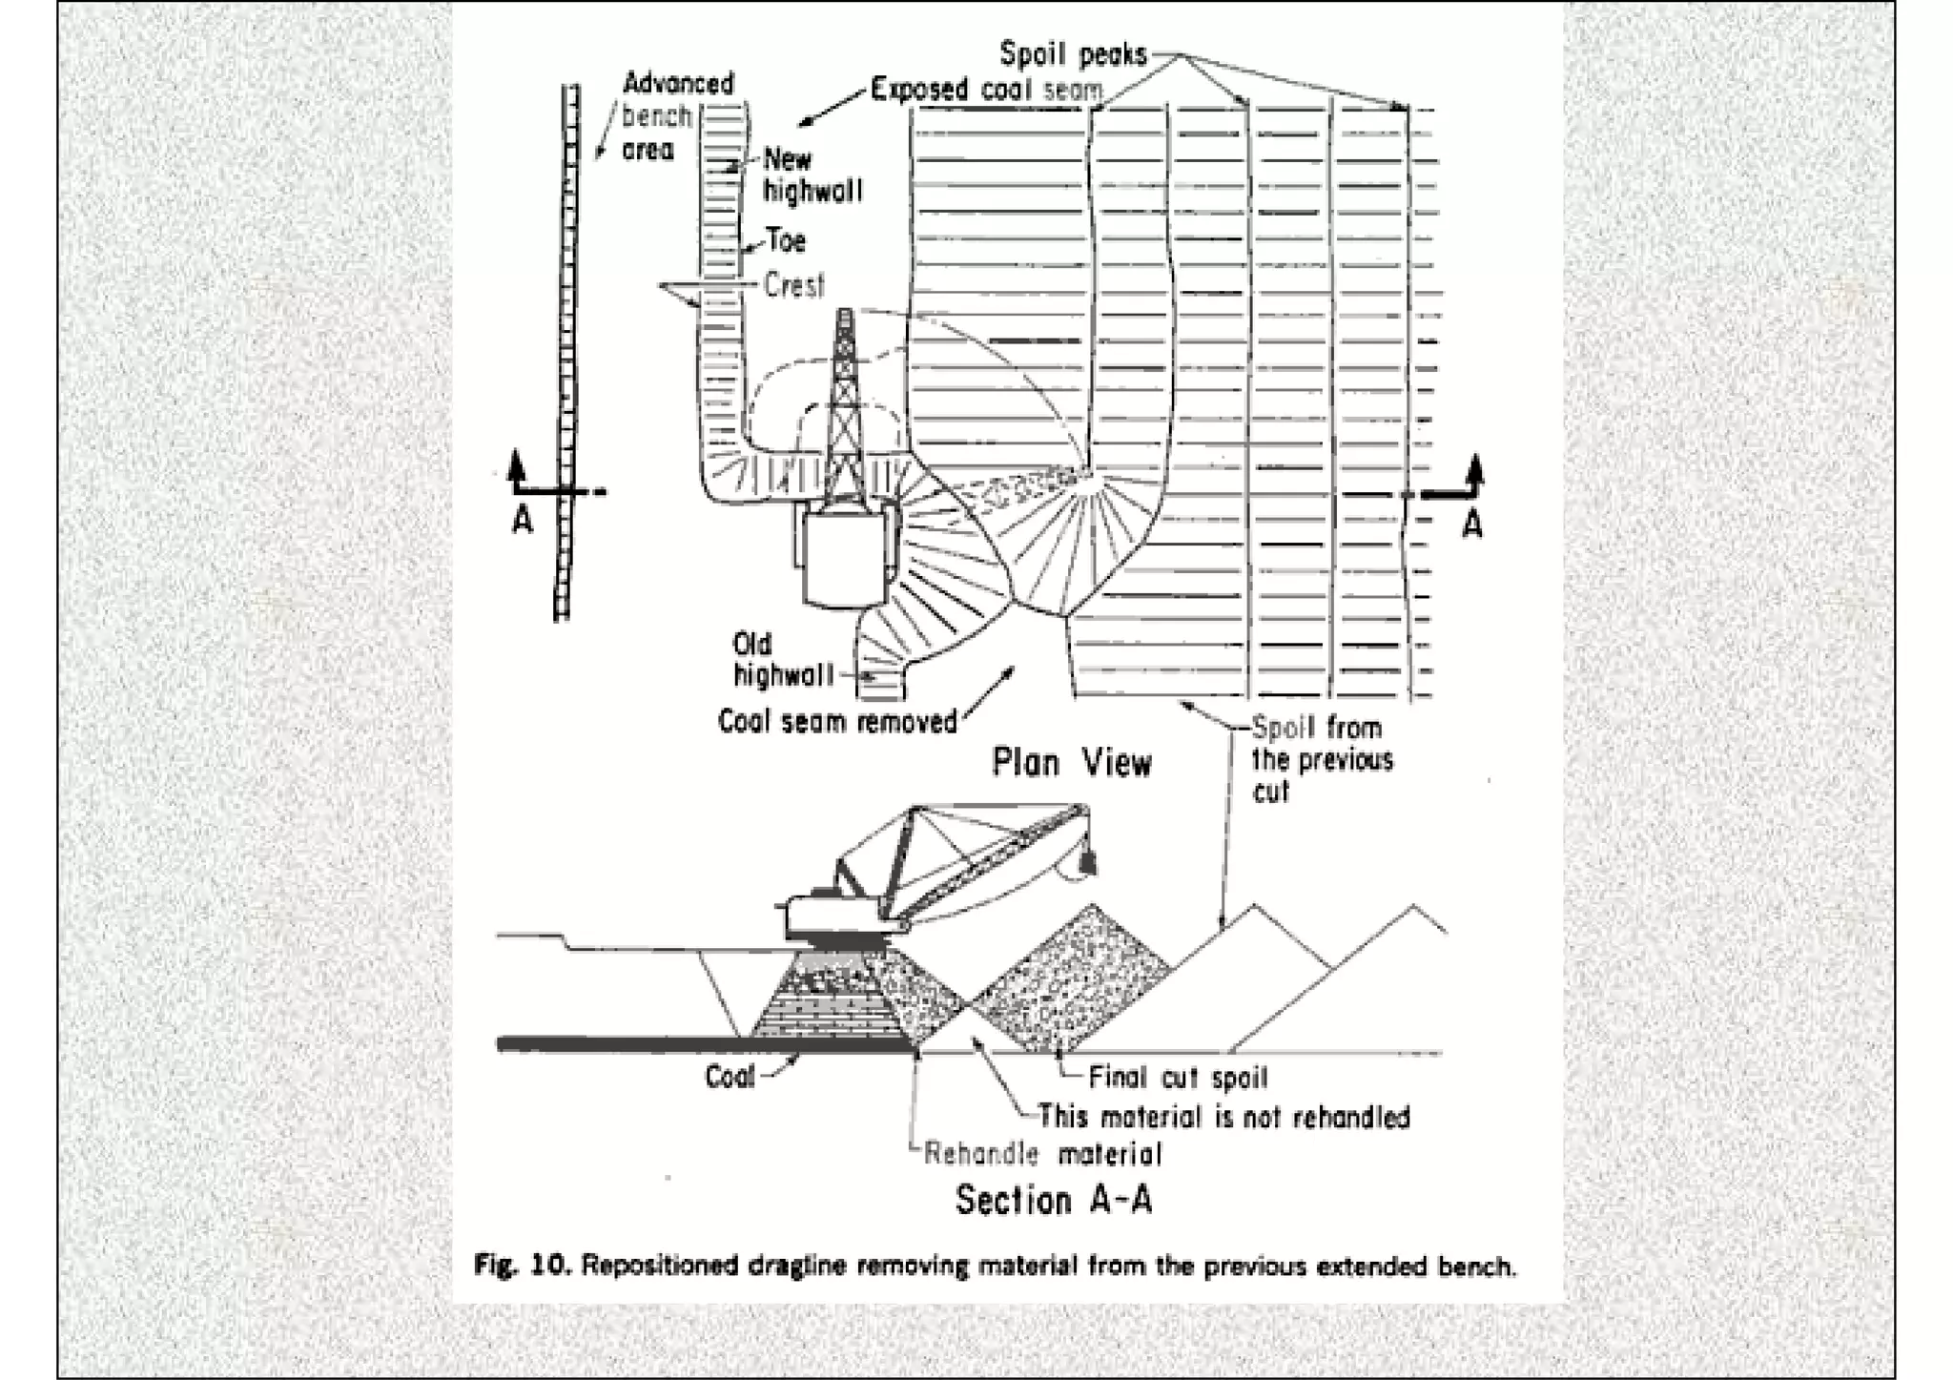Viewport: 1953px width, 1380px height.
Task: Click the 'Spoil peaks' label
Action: point(1073,54)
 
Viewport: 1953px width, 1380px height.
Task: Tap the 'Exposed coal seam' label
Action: point(986,90)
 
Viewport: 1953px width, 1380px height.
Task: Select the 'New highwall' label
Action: point(812,175)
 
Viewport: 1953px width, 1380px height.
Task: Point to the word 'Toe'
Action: point(786,240)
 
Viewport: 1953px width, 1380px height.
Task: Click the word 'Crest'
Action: point(793,285)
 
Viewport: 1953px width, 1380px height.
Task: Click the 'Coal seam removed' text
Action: point(837,722)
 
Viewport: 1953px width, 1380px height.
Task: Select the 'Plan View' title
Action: point(1071,763)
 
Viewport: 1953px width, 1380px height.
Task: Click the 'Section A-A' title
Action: point(1054,1200)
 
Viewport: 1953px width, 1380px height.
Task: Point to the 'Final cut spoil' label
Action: point(1178,1078)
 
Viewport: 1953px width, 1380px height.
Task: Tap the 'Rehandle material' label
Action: point(1042,1155)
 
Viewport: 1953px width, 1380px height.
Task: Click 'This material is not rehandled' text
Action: point(1223,1117)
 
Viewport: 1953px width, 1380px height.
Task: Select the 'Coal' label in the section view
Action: point(730,1077)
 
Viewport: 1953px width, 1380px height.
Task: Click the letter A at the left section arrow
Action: point(523,521)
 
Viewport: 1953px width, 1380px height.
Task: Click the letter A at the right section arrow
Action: point(1472,525)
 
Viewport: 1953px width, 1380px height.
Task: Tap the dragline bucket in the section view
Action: point(1086,862)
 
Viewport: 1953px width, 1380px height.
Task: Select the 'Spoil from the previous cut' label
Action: point(1321,759)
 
